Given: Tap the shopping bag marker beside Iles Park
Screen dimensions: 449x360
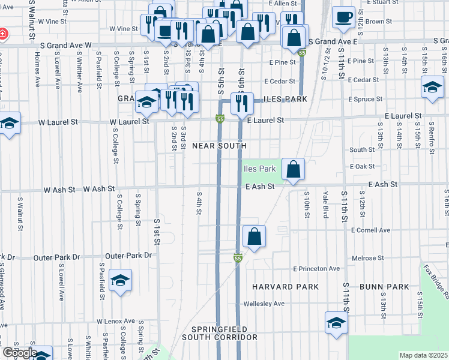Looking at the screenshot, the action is (292, 170).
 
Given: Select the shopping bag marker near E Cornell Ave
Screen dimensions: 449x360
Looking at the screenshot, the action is (255, 237).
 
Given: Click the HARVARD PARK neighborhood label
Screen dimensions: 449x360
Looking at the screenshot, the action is (285, 287).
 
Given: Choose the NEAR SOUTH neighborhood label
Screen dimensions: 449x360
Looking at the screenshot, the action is (219, 146).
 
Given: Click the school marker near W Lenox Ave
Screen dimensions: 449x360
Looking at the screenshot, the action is (120, 281).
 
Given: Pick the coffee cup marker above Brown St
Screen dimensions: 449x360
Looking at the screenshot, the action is (343, 18).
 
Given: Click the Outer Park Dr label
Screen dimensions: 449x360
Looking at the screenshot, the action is (56, 257).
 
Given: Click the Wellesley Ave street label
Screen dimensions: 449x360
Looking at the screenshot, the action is (264, 304).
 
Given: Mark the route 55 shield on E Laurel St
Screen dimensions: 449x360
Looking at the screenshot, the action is (220, 120).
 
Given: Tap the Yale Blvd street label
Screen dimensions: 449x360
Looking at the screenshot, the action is (325, 203).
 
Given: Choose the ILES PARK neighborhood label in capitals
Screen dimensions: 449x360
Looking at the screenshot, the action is (285, 99).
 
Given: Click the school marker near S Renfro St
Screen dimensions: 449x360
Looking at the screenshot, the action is (432, 88).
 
